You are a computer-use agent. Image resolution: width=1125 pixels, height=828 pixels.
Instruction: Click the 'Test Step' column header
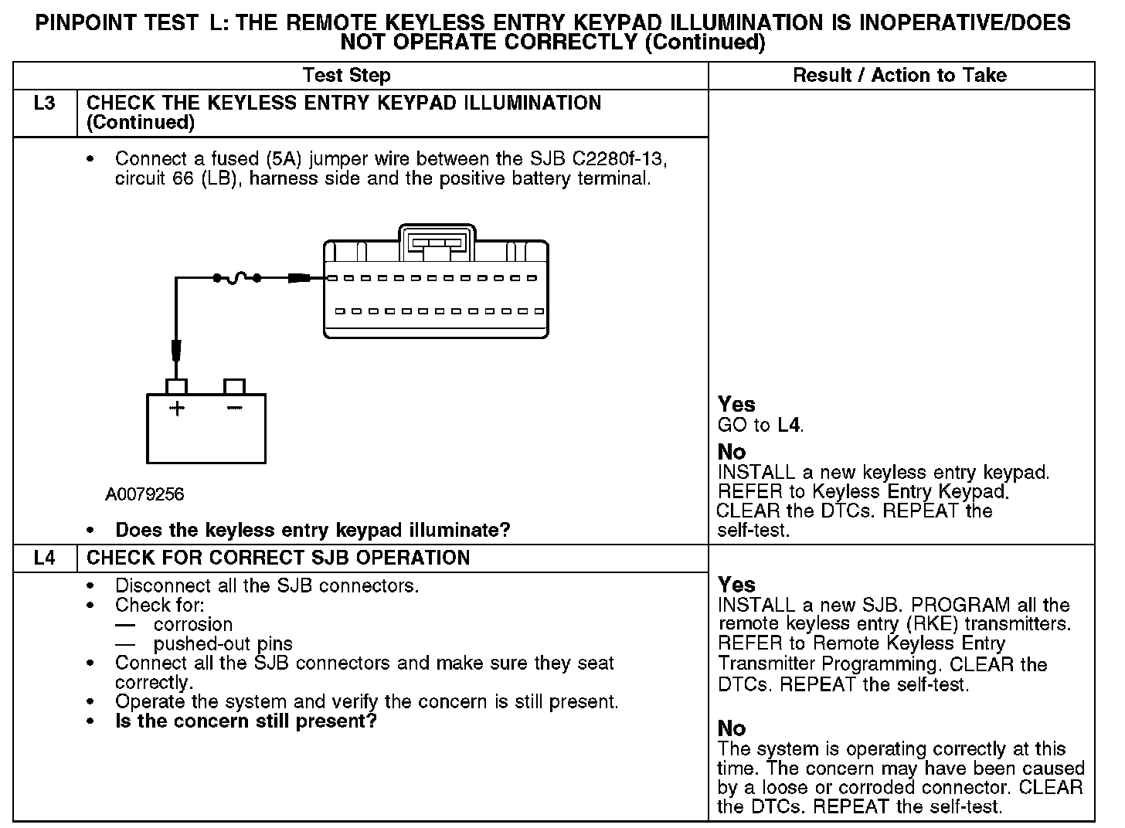[346, 76]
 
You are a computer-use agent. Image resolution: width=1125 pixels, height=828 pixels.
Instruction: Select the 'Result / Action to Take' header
[899, 76]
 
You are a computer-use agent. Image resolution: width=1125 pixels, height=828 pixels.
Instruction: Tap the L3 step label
[45, 103]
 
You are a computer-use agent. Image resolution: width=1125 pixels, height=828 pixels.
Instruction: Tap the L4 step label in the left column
[45, 558]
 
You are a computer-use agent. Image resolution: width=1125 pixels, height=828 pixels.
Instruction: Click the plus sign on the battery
[177, 409]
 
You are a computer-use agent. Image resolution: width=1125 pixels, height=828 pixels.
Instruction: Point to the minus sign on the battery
[234, 408]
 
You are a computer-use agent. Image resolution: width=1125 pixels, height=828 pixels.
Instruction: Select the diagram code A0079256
[144, 494]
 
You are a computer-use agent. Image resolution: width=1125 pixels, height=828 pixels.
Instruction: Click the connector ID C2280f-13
[618, 159]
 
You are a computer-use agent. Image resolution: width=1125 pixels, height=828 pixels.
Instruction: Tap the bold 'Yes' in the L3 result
[736, 404]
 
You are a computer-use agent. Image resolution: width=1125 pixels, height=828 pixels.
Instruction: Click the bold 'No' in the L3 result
[732, 452]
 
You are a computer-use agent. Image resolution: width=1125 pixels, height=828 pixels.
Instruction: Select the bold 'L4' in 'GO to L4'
[789, 425]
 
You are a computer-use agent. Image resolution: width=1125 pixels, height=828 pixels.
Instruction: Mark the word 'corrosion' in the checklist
[193, 625]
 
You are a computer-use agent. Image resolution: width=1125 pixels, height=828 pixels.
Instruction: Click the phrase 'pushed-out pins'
[223, 644]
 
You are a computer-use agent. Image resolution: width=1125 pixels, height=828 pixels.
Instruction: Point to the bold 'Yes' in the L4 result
[736, 585]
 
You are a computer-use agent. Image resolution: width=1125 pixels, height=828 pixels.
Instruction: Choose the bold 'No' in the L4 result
[732, 728]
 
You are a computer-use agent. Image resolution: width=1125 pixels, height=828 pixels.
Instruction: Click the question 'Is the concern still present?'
[246, 721]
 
